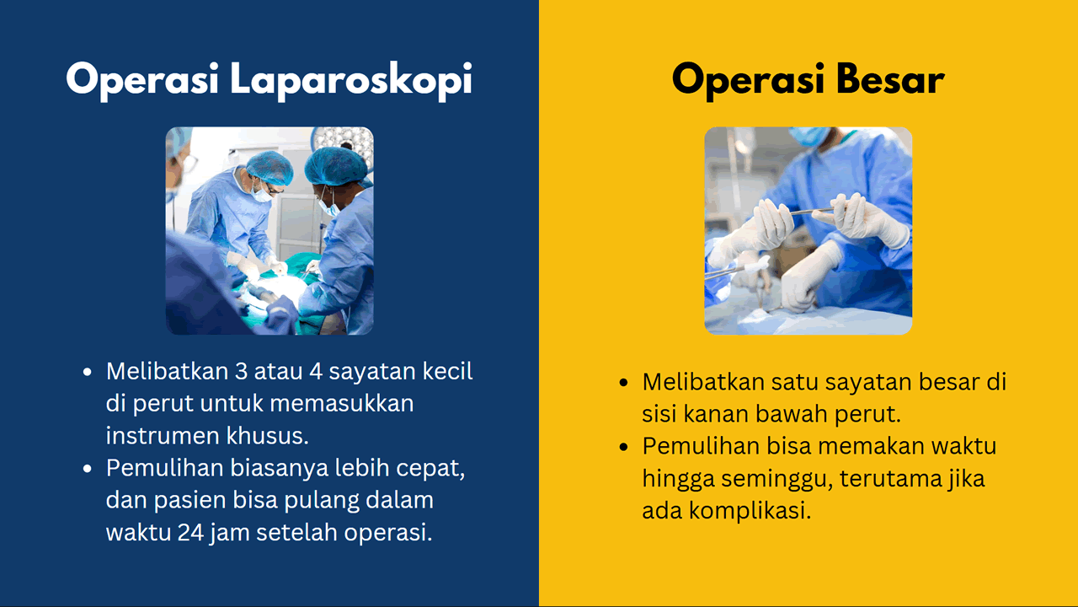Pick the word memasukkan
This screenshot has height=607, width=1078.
342,403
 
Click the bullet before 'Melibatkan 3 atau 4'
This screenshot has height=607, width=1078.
87,372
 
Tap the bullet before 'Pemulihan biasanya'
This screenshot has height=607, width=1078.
87,469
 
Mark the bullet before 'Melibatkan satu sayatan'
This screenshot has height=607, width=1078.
623,383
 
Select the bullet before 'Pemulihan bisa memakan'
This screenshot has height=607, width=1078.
623,447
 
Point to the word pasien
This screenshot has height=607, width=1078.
187,500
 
